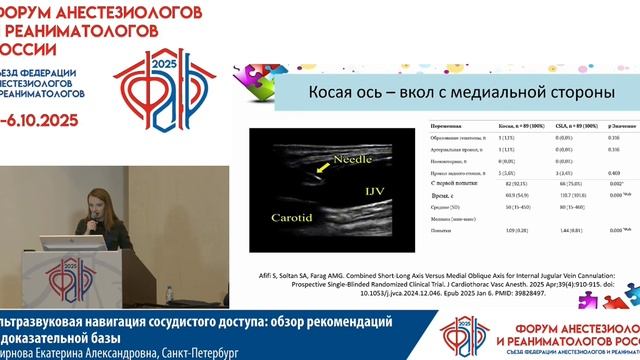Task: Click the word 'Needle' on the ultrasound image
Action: coord(327,159)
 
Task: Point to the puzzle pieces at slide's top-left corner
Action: coord(247,75)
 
